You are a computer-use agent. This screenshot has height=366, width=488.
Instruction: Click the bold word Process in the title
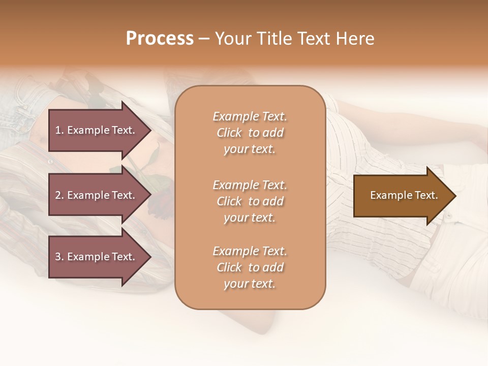tap(160, 39)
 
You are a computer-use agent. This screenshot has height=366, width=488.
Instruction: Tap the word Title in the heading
tap(273, 39)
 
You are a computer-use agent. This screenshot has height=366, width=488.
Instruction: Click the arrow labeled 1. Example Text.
tap(97, 130)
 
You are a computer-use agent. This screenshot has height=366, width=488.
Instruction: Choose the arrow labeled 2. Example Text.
tap(97, 195)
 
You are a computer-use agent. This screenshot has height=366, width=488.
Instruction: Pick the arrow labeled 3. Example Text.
tap(97, 257)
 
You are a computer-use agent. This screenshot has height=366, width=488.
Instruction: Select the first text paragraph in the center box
tap(250, 133)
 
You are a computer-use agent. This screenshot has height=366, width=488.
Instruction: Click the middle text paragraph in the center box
tap(250, 201)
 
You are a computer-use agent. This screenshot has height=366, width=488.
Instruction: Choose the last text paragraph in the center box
tap(250, 267)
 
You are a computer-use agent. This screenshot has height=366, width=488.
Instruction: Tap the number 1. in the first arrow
tap(59, 130)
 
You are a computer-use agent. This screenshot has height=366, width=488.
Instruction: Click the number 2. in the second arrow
tap(59, 195)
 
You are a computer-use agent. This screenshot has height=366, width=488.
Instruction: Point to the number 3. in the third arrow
tap(59, 257)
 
